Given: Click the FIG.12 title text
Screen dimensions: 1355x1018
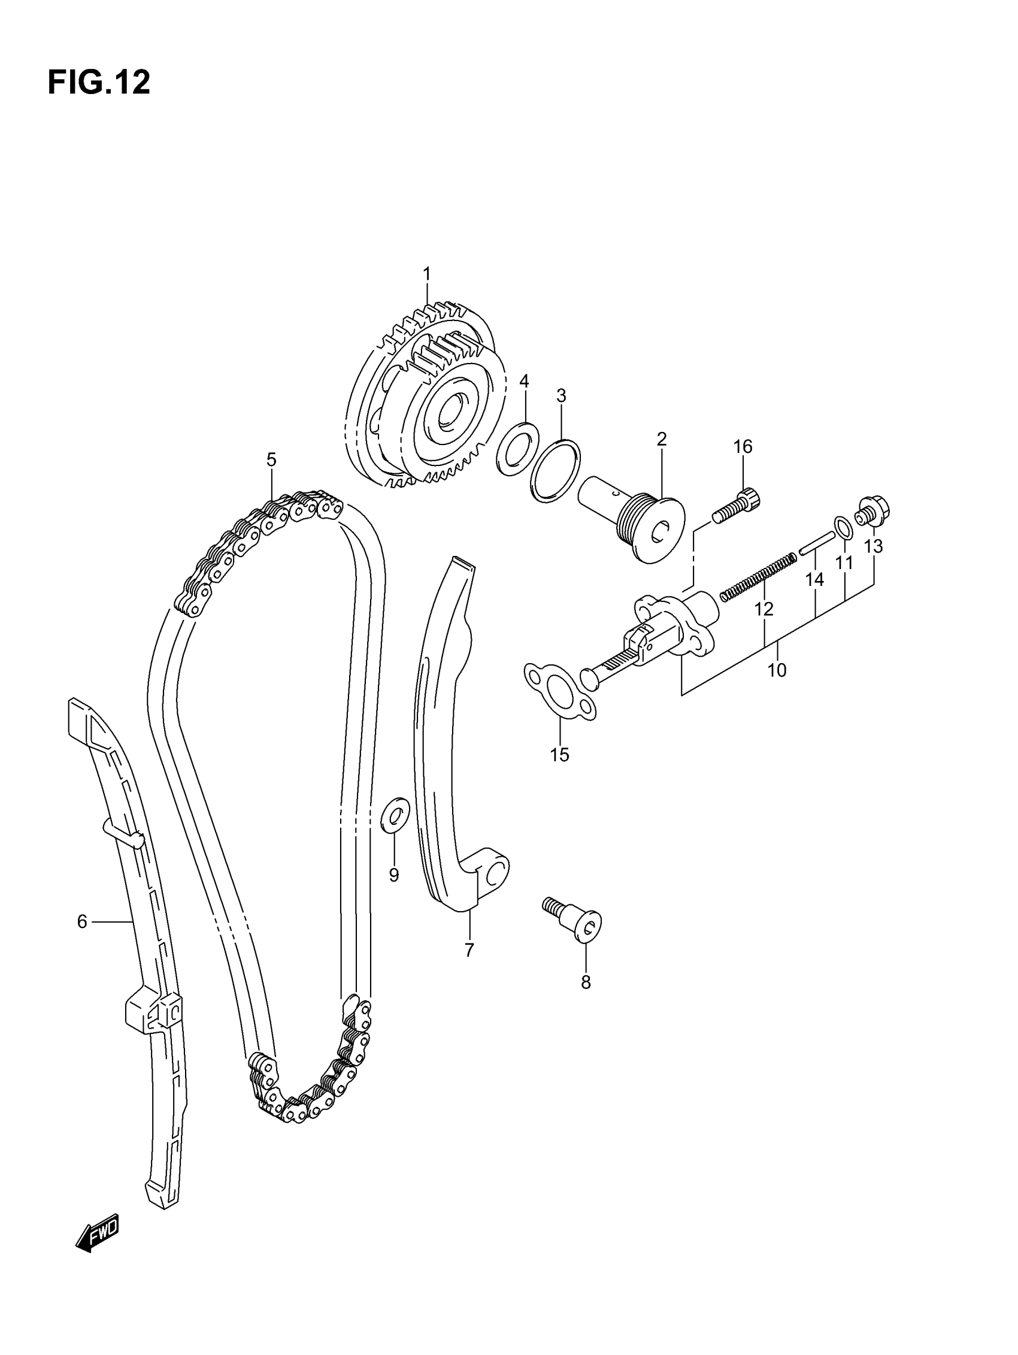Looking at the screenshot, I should point(99,83).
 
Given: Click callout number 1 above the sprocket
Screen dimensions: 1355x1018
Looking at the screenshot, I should point(427,274).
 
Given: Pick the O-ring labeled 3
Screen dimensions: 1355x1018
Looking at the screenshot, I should point(556,470).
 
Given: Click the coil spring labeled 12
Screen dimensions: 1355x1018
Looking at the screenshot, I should point(758,576).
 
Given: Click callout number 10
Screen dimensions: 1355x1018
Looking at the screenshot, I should point(777,670).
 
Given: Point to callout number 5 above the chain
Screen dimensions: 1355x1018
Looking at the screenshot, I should point(271,459).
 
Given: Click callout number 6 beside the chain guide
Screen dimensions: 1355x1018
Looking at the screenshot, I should point(82,921).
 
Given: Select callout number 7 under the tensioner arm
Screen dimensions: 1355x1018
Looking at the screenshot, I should point(469,950).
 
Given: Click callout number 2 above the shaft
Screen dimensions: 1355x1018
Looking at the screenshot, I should point(662,438).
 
